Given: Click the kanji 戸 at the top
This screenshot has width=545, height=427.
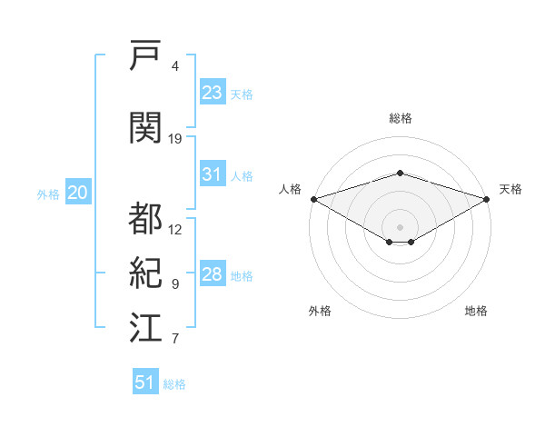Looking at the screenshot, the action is (x=145, y=55).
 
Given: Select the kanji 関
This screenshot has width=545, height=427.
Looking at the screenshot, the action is (x=145, y=127).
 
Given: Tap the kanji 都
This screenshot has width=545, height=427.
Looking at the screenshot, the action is (x=145, y=218).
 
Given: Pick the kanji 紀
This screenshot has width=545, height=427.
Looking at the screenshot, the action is (x=145, y=273).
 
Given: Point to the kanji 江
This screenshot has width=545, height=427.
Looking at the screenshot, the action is (x=145, y=327).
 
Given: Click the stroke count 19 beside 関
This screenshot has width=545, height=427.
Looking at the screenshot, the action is (x=174, y=139).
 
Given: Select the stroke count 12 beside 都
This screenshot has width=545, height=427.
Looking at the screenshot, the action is (x=174, y=230).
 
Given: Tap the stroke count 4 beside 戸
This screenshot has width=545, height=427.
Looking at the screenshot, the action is (x=174, y=66).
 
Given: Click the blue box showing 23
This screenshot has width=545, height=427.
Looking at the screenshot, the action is (x=213, y=92).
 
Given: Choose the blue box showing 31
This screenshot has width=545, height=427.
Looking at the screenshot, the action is (x=213, y=174).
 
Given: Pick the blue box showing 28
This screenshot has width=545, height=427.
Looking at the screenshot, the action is (x=213, y=273).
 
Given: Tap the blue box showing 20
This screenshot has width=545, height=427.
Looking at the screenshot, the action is (x=78, y=192).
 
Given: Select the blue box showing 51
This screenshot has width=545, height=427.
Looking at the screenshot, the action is (x=145, y=381).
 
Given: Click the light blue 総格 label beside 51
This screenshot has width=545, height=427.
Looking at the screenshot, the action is (x=174, y=384).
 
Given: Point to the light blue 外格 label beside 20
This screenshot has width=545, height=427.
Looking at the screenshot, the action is (x=48, y=194).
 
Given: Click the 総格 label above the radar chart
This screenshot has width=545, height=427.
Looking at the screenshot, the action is (x=401, y=118).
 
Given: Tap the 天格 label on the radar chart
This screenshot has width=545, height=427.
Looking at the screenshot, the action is (x=510, y=189).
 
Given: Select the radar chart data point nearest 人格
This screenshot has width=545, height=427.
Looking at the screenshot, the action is (x=314, y=199).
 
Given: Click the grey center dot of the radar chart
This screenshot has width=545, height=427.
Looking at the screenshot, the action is (x=400, y=227).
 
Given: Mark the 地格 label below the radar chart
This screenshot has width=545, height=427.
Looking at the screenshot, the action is (x=476, y=311).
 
